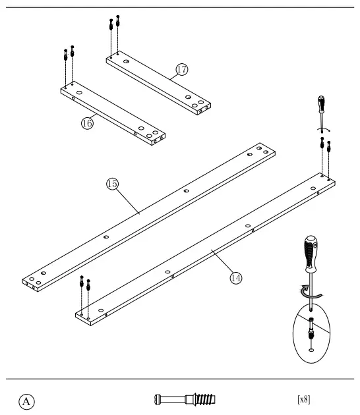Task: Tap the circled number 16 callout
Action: coord(86,123)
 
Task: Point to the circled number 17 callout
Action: coord(182,69)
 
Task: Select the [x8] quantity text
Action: coord(305,399)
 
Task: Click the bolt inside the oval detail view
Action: coord(311,327)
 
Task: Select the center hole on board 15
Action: coord(187,192)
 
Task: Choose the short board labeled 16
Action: coord(112,111)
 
